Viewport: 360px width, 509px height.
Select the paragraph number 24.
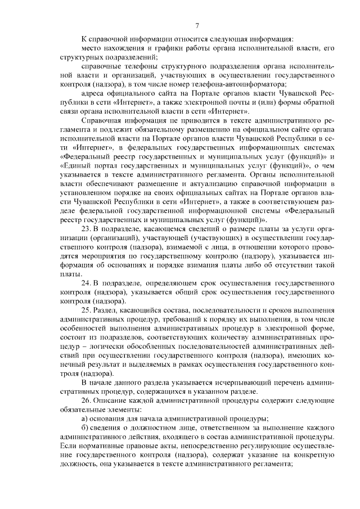tap(86, 283)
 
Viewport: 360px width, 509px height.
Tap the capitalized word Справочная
tap(101, 119)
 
